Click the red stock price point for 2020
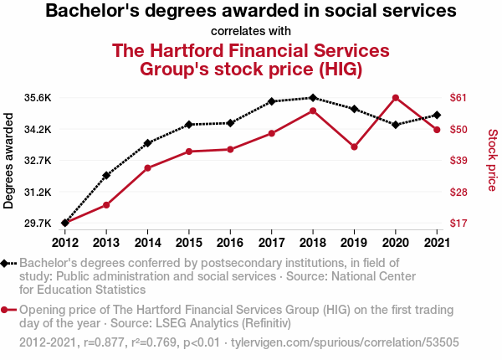(396, 98)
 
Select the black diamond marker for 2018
(313, 98)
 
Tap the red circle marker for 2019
(354, 147)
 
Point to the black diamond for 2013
(106, 175)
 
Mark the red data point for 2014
(147, 168)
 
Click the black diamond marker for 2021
(437, 115)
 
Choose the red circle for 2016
(230, 150)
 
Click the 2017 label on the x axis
(271, 243)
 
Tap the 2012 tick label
(65, 243)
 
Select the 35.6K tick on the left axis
(38, 98)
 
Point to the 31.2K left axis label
(38, 193)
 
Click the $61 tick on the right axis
(458, 98)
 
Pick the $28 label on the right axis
(458, 193)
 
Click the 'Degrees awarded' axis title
(8, 161)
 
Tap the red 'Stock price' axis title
(493, 160)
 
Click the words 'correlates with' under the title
(251, 31)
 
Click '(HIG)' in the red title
(341, 69)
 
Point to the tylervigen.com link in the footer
(345, 342)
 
